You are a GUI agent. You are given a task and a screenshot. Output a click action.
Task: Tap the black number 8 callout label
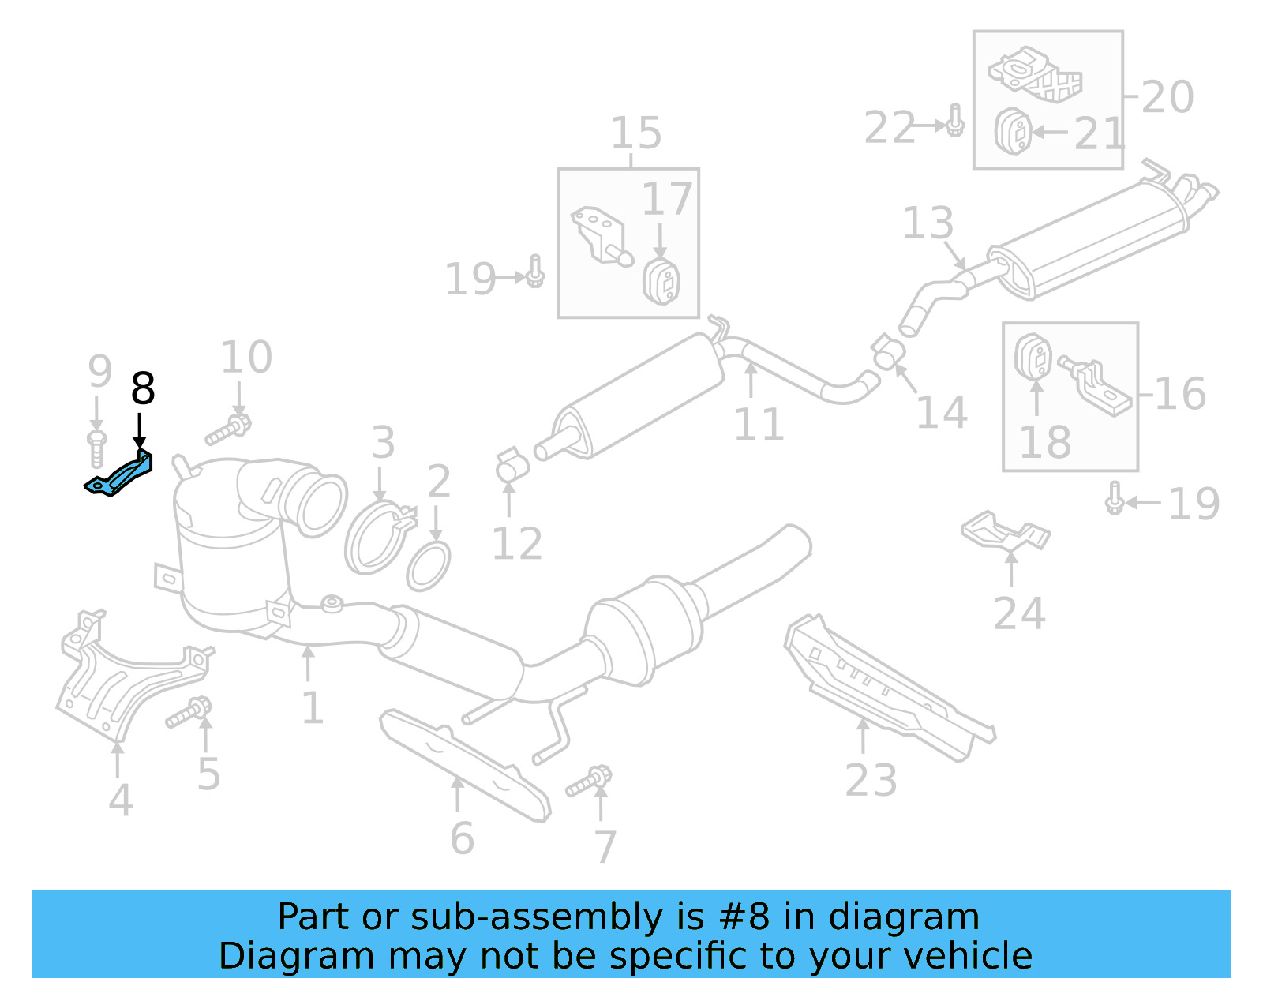142,389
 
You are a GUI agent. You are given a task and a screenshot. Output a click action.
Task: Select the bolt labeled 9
96,448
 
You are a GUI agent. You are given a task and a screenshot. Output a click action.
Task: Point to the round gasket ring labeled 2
429,566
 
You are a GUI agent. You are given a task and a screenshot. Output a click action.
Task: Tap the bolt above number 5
189,713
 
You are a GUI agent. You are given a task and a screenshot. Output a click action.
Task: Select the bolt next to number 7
590,782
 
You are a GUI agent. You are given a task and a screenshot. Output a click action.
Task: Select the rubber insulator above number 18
1033,357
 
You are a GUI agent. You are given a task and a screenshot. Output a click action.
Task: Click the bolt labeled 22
954,120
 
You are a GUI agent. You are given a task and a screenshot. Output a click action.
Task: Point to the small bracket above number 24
1005,530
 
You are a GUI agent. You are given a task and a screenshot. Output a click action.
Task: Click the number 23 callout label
871,780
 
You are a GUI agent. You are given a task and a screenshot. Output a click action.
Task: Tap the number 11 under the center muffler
758,425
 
